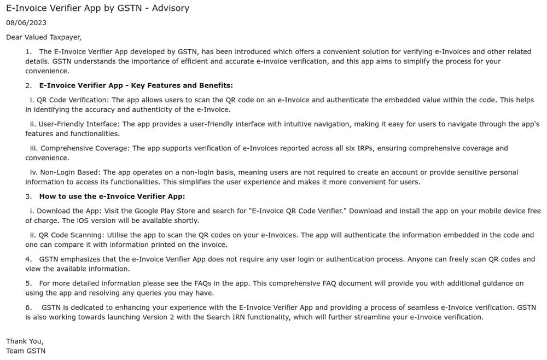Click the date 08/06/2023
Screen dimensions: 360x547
point(26,22)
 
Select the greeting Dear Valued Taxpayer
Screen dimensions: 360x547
point(44,37)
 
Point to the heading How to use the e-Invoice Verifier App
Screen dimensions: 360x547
point(112,196)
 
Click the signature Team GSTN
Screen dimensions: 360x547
point(26,351)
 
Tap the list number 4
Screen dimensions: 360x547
point(28,259)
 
